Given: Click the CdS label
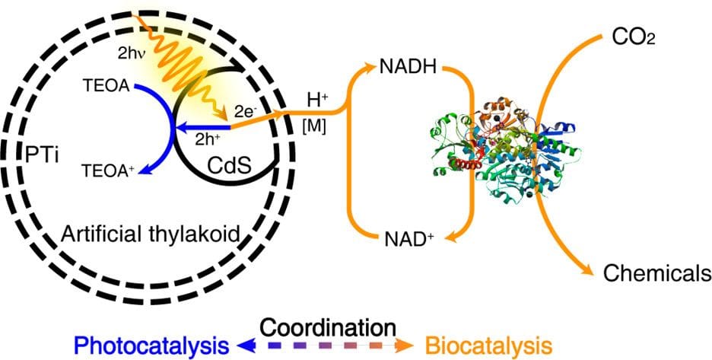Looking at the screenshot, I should (231, 164).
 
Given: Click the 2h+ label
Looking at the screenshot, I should (208, 139).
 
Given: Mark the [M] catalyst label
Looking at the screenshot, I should (314, 126).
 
